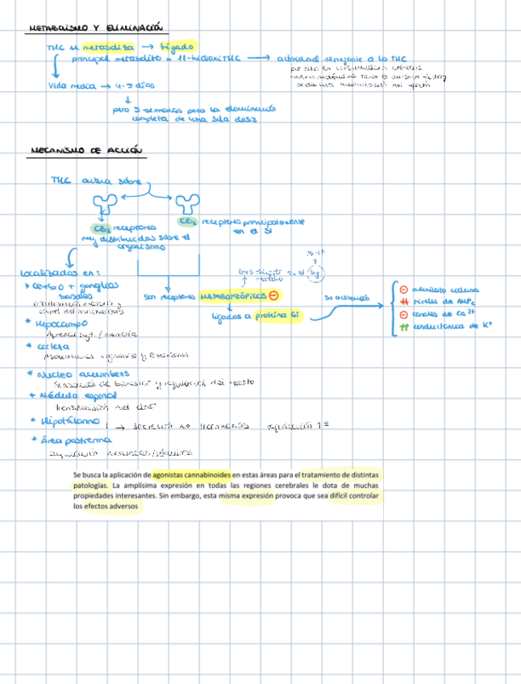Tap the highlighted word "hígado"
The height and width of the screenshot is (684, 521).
[x=178, y=47]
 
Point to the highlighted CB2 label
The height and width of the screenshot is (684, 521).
[x=188, y=221]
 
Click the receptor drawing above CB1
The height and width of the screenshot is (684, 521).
[x=104, y=203]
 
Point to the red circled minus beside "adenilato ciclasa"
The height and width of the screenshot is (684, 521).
[x=403, y=288]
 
